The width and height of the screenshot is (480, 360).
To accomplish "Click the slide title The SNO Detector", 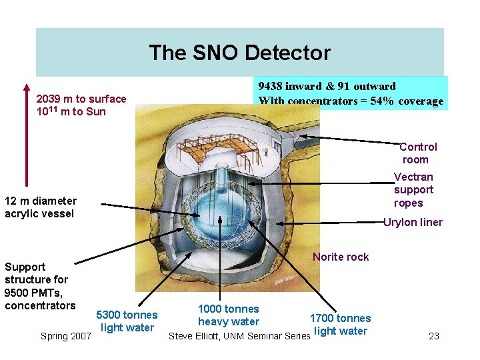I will (x=239, y=53).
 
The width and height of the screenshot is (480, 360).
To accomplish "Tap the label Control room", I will (x=417, y=153).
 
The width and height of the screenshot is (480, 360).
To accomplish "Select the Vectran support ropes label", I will (x=413, y=189).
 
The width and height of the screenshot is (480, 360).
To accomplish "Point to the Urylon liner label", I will (x=413, y=223).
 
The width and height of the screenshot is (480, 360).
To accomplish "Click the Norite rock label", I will (x=341, y=257).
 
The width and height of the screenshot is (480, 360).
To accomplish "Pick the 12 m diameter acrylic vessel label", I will (x=40, y=207).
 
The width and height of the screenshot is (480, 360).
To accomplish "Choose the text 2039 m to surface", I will (x=81, y=99).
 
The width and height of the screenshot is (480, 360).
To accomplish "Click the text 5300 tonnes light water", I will (x=127, y=321).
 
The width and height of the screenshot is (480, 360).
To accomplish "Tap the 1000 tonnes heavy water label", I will (x=229, y=315).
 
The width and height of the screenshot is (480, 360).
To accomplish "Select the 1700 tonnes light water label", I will (x=340, y=325).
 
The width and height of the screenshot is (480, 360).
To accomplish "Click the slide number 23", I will (x=434, y=336).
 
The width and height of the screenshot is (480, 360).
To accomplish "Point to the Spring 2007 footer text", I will (x=66, y=336).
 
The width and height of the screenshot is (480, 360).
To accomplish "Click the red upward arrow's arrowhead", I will (x=27, y=87).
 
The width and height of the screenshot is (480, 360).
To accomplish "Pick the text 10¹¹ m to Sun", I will (x=71, y=112).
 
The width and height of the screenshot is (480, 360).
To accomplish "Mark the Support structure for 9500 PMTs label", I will (x=40, y=286).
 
